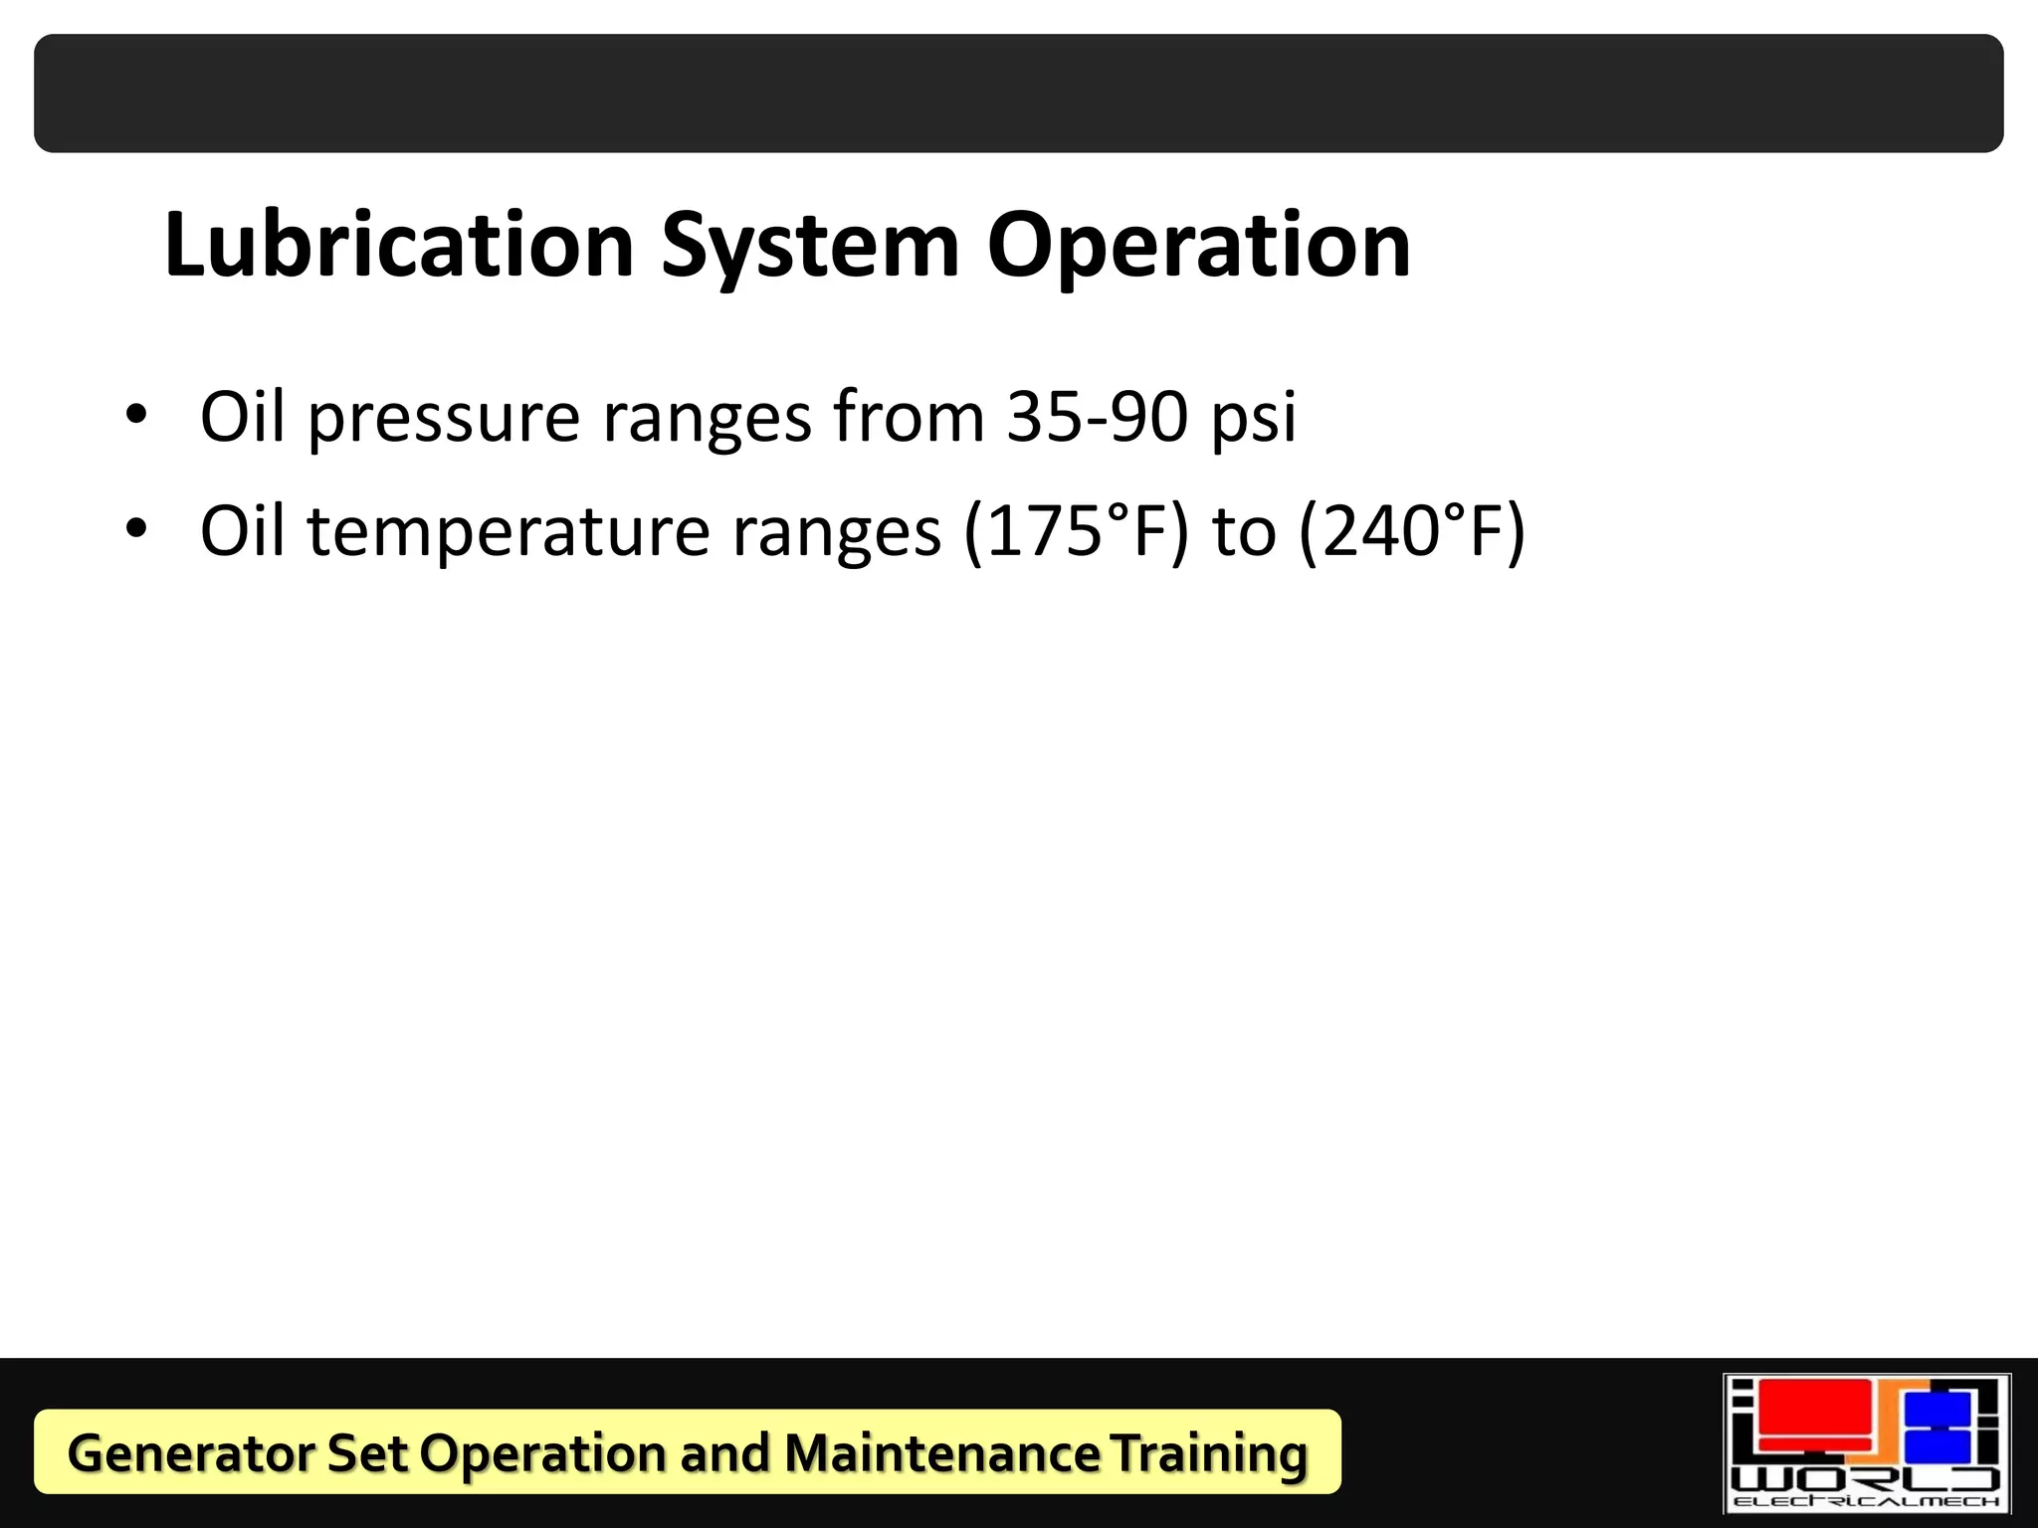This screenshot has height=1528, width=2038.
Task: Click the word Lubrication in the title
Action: [399, 245]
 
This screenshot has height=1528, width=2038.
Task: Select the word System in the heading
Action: [810, 247]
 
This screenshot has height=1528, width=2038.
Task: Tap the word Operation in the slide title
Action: [1198, 247]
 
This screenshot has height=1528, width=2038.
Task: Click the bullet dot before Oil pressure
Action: [136, 414]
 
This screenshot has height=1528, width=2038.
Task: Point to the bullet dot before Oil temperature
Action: [136, 528]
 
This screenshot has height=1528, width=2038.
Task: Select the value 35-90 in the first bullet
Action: [1097, 416]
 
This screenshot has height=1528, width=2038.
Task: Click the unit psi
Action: [1253, 418]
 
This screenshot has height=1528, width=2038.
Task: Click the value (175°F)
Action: [1076, 531]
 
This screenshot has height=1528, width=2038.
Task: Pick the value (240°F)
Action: [1412, 531]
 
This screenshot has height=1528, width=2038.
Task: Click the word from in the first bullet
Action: [909, 416]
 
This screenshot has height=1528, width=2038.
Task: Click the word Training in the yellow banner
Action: [1210, 1453]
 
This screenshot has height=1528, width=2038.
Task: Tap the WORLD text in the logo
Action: [1866, 1478]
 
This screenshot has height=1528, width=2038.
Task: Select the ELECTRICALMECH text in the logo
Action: [1866, 1501]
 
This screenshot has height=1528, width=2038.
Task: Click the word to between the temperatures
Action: [1244, 531]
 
